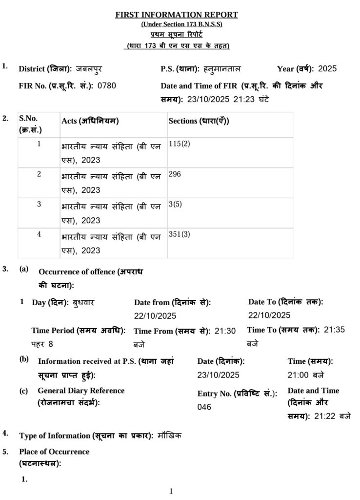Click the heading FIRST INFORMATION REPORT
[177, 15]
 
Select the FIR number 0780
[107, 86]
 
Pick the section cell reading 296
[175, 174]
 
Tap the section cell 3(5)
[175, 205]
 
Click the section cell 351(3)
[179, 235]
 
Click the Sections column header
[199, 121]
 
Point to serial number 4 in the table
[39, 234]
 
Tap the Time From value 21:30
[225, 331]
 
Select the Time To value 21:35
[334, 330]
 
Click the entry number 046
[204, 407]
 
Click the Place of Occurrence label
[54, 452]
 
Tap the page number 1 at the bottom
[171, 491]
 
